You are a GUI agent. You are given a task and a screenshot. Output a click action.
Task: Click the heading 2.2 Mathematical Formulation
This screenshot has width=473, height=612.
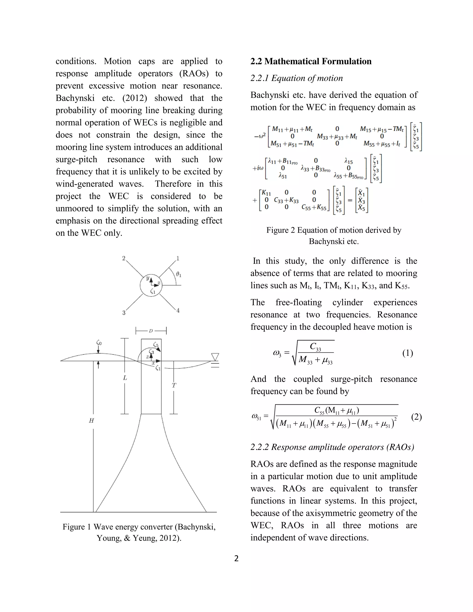coord(311,61)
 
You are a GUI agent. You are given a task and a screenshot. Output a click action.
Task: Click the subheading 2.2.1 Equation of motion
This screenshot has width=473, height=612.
coord(297,78)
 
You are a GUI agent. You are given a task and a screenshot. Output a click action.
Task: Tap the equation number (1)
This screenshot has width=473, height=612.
coord(407,353)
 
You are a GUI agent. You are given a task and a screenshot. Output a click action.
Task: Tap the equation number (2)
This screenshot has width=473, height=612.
coord(416,417)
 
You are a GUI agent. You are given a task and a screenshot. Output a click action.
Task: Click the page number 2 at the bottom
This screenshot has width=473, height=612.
coord(236,558)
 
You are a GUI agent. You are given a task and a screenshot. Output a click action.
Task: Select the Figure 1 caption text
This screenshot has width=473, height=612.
coord(139,532)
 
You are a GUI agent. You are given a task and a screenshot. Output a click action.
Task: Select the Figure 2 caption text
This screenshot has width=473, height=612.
coord(334,236)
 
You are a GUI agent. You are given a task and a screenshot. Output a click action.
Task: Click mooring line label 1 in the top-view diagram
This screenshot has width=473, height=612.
coord(178,258)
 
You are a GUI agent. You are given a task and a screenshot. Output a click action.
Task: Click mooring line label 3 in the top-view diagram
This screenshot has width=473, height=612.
coord(124,313)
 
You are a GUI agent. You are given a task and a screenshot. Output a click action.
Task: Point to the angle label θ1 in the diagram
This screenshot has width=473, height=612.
coord(179,274)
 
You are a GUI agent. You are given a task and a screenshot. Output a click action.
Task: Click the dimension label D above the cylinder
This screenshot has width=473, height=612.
coord(151,331)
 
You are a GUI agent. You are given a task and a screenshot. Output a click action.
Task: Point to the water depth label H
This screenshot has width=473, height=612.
coord(91,421)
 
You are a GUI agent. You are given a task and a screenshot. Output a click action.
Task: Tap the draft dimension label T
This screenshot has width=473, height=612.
coord(174,386)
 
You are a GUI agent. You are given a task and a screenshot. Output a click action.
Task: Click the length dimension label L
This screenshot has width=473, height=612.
coord(125,378)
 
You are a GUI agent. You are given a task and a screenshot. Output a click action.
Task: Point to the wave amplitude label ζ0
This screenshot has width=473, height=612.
coord(99,343)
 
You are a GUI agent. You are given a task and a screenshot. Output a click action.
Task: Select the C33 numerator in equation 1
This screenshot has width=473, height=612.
coord(315,347)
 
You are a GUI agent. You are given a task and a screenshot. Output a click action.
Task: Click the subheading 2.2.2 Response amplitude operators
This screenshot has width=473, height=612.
coord(332,447)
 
